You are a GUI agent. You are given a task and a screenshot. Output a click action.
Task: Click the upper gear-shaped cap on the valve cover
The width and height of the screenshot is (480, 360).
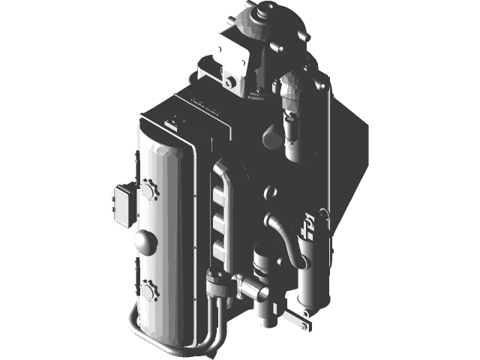click(x=148, y=189)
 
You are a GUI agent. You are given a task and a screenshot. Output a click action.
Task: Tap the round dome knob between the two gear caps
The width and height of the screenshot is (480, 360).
click(x=145, y=241)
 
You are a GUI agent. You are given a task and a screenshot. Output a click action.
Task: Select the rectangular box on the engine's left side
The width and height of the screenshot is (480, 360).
click(x=122, y=204)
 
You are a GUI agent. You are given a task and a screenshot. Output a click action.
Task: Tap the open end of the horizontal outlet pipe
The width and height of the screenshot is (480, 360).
click(x=240, y=283)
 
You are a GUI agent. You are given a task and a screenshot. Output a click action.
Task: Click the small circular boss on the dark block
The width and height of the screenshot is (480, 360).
click(x=271, y=193)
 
